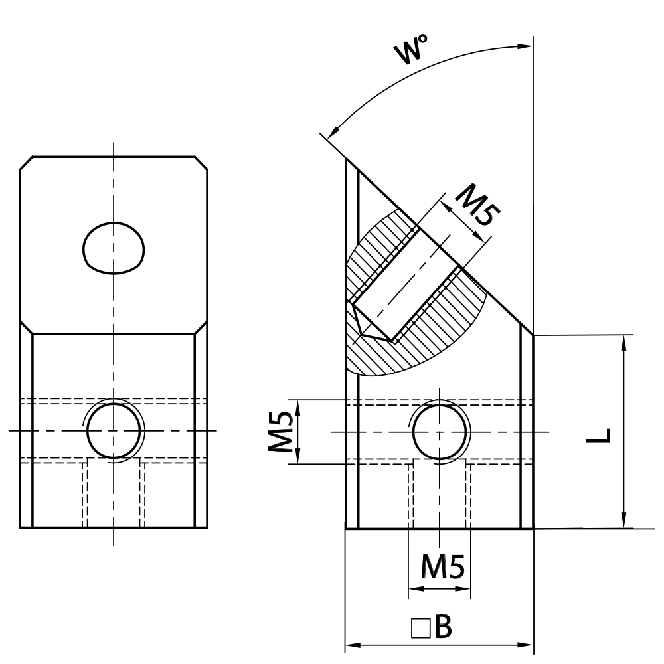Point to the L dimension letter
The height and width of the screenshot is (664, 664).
pos(600,435)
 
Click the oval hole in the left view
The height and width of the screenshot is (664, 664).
pos(114,248)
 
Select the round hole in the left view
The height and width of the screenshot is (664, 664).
pos(114,431)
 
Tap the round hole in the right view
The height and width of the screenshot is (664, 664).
pos(438,431)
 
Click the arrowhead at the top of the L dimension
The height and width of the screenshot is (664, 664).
pos(624,342)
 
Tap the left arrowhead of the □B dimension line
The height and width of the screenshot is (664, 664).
pos(352,645)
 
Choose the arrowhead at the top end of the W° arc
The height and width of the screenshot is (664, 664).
pos(525,46)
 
